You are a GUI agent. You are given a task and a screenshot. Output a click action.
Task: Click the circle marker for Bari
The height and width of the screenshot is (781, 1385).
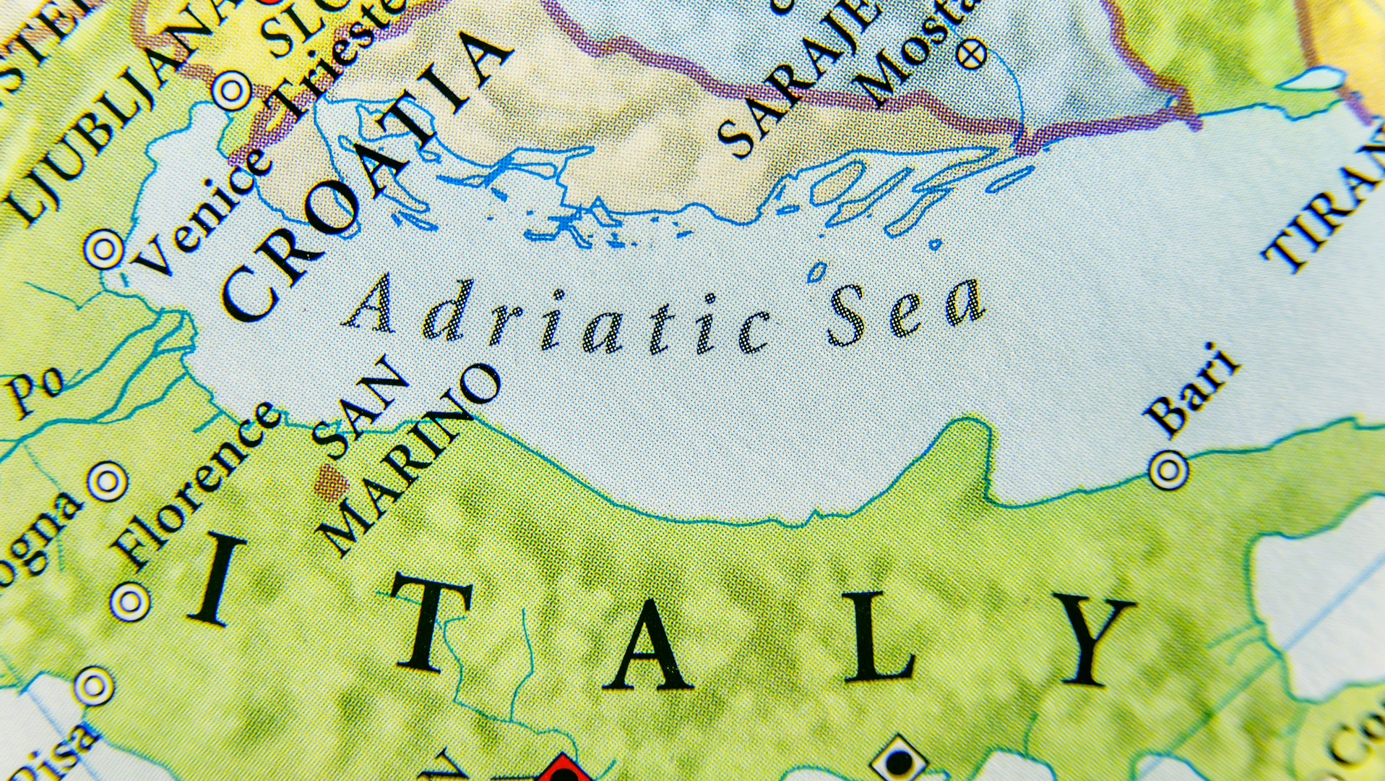(x=1168, y=469)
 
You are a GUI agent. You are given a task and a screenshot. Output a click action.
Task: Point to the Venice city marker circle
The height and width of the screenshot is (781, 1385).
(x=103, y=249)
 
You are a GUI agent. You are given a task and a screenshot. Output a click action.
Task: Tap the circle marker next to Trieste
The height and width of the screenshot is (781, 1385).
(x=231, y=91)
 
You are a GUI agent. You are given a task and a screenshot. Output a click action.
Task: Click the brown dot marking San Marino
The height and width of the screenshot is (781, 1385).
(x=331, y=482)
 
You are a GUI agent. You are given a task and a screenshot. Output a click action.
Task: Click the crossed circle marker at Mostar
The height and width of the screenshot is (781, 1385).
(x=971, y=54)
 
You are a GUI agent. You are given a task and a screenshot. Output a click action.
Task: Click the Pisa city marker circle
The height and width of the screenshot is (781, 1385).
(x=94, y=686)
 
